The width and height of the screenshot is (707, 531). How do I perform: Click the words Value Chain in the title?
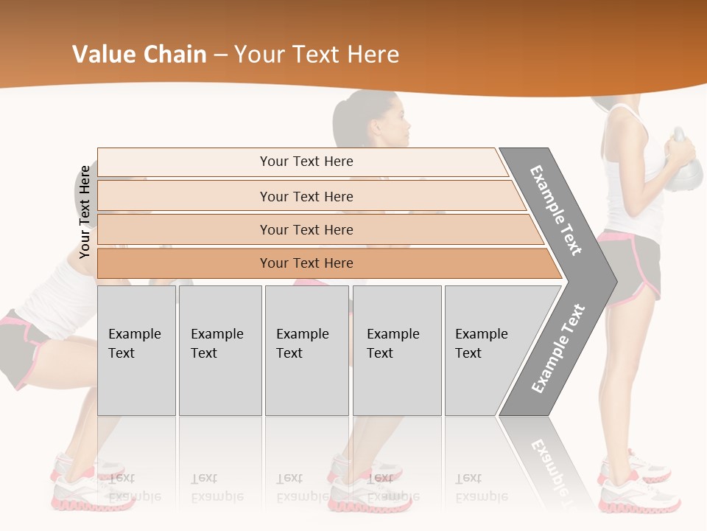139,54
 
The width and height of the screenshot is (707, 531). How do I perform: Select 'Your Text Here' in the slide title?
317,54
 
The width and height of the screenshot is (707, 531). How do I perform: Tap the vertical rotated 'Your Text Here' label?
85,212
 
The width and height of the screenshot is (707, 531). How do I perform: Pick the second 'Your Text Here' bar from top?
306,196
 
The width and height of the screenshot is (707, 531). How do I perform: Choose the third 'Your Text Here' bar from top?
306,229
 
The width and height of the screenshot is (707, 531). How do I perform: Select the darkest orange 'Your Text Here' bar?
306,263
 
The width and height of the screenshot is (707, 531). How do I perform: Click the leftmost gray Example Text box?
136,350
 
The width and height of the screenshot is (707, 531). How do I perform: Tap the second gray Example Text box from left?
219,350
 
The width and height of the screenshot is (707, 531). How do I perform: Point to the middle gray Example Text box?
306,350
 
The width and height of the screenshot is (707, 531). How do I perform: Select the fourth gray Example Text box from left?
396,350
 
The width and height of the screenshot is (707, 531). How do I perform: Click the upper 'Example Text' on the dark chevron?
556,210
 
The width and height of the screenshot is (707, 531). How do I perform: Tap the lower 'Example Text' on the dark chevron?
557,348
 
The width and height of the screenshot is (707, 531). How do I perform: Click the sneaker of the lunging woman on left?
74,483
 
